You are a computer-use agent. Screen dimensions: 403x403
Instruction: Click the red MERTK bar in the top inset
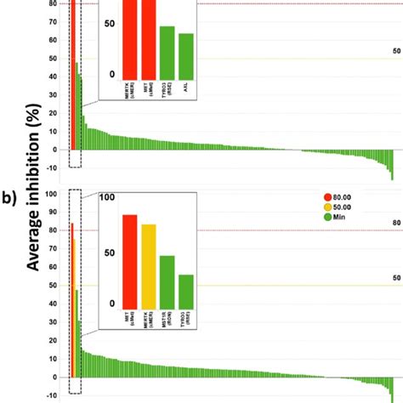tap(130, 38)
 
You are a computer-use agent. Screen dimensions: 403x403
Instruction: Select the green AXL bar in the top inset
tap(186, 54)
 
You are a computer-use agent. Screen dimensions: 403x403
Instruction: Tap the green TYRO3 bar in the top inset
tap(167, 51)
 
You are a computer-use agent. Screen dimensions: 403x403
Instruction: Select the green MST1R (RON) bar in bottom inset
tap(167, 280)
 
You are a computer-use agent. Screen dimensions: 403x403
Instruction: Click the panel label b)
tap(11, 200)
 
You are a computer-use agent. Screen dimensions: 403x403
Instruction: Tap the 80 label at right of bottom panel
tap(395, 224)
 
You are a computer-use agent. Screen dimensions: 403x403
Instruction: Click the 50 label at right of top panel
tap(395, 51)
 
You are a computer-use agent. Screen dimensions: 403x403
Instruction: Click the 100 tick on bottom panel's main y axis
tap(52, 194)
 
